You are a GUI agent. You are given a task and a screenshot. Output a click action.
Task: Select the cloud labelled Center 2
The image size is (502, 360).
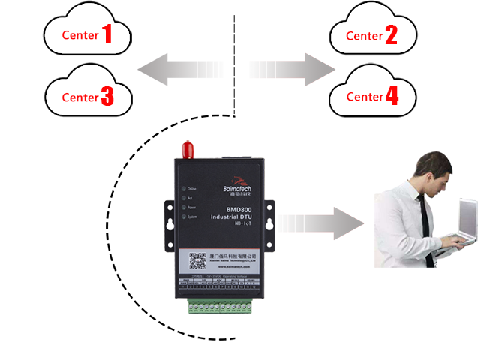372,34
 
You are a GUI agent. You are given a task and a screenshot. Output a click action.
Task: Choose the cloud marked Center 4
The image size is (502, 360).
372,96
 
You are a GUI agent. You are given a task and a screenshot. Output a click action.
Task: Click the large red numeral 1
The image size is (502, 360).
108,34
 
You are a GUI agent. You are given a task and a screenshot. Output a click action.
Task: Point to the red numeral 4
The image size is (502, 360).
392,96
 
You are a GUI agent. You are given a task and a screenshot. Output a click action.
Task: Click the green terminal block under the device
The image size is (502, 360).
222,307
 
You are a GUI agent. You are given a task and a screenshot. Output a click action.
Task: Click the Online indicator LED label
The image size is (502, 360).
191,189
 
